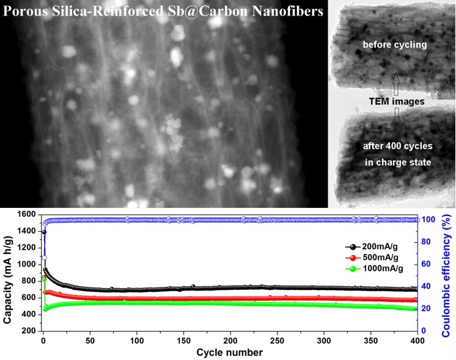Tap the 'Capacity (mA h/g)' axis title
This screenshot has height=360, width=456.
click(x=7, y=273)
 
